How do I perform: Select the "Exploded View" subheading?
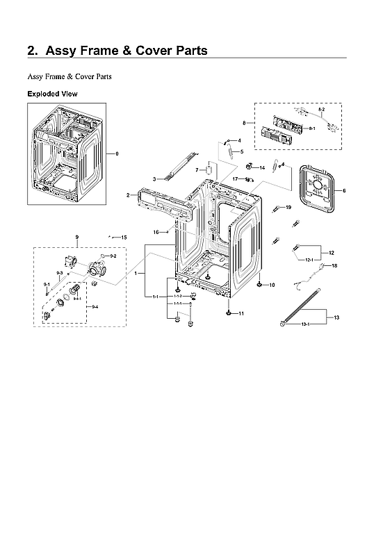[52, 94]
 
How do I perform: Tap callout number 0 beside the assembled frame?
[117, 153]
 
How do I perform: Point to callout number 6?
[344, 190]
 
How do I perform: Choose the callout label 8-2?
[321, 110]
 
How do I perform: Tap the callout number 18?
[334, 265]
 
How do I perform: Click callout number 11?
[241, 314]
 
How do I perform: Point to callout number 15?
[124, 238]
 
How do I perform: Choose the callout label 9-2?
[113, 256]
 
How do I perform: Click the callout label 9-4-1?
[77, 298]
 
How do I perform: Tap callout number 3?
[154, 179]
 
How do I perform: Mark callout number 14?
[262, 168]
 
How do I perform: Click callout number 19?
[288, 207]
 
